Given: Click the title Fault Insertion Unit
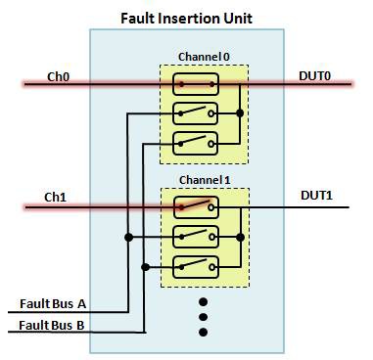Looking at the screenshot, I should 185,18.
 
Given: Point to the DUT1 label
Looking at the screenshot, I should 317,196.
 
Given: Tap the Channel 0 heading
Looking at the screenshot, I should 204,56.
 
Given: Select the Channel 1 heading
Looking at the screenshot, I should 204,180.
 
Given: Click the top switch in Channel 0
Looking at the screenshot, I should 195,84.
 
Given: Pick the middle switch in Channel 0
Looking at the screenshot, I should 195,113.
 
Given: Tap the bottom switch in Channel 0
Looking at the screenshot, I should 195,143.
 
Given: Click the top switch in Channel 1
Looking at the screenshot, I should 195,206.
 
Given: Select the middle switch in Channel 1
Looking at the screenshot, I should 195,237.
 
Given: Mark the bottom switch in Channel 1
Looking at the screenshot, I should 195,266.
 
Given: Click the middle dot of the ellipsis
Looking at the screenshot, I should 204,316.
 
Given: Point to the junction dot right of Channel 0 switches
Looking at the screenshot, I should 240,113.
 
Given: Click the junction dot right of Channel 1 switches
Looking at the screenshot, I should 240,237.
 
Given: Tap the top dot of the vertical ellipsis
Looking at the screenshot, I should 204,300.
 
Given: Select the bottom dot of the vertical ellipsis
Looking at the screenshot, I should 204,332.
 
